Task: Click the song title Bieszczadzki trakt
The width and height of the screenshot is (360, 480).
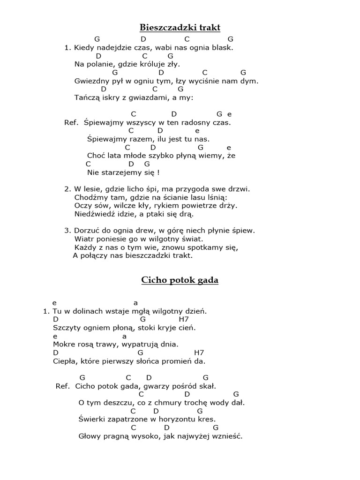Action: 180,27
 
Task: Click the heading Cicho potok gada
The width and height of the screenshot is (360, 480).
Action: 180,280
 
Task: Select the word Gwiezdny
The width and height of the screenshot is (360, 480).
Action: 90,81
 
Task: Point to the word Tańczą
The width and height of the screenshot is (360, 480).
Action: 85,97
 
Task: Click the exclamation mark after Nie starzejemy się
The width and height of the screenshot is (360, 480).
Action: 158,172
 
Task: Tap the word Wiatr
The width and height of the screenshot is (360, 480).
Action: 83,239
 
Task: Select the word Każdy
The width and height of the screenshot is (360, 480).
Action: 84,247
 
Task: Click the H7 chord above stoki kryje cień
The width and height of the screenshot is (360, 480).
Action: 184,319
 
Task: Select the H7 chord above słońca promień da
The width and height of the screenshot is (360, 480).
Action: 199,353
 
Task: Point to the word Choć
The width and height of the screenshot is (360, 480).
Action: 96,156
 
